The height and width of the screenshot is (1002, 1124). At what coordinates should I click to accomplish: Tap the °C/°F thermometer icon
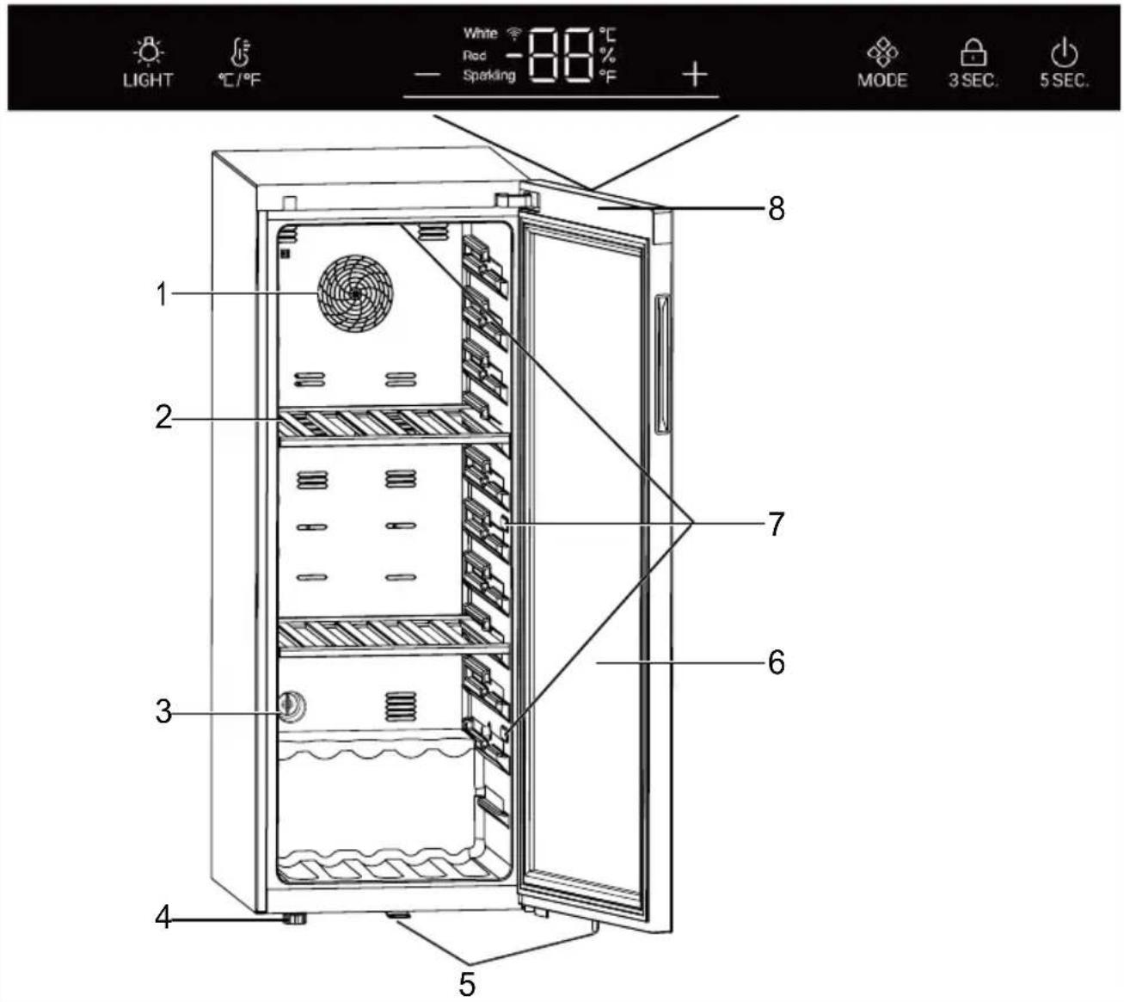pos(239,52)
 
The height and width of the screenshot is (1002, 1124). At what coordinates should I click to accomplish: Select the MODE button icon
pos(882,53)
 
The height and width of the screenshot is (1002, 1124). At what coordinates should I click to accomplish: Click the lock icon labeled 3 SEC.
pos(973,53)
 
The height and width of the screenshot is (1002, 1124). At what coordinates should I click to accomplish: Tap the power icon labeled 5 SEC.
pos(1064,53)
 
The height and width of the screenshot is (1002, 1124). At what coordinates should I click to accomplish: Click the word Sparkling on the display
pos(488,76)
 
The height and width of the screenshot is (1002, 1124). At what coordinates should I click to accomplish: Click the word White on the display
pos(480,34)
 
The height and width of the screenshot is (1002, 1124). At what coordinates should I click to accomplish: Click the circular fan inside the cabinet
pos(355,292)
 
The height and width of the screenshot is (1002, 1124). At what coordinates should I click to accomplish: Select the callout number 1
pos(162,295)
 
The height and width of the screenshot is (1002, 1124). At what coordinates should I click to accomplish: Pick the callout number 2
pos(163,419)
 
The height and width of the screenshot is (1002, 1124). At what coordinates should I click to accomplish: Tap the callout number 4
pos(163,919)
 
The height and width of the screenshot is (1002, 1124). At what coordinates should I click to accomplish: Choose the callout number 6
pos(776,662)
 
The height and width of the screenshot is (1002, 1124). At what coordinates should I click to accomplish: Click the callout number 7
pos(776,523)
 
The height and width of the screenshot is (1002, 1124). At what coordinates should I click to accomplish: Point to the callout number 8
pos(776,209)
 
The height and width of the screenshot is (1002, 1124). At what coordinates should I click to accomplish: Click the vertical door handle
pos(662,366)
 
